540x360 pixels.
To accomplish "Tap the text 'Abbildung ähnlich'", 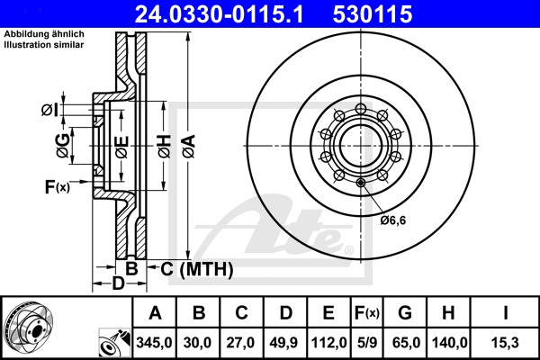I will pyautogui.click(x=44, y=35).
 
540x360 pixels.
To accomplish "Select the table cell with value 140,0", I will pyautogui.click(x=447, y=343).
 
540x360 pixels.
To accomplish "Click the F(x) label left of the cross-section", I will pyautogui.click(x=57, y=187).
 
